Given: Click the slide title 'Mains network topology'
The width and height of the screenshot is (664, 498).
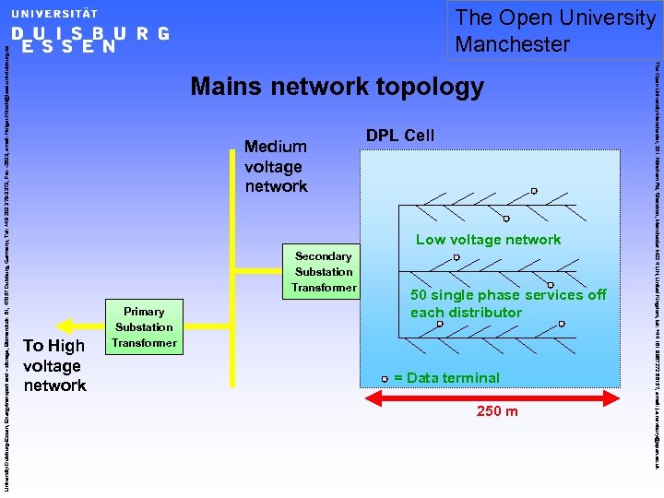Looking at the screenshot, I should [337, 88].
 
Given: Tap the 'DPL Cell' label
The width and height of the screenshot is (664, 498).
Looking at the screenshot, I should [399, 136].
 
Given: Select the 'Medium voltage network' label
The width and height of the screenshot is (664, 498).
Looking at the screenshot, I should [276, 166].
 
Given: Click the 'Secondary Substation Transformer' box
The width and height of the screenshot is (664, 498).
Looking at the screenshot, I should [323, 272].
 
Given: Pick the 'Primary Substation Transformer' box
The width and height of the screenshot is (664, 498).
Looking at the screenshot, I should [144, 327].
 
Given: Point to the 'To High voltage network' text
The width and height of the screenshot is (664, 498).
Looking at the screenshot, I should [54, 365].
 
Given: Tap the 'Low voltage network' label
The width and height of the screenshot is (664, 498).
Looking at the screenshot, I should [488, 240].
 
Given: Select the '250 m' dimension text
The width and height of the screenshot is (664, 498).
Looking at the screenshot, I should [496, 411].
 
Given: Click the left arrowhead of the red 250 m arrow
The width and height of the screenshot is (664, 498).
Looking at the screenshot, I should [375, 397].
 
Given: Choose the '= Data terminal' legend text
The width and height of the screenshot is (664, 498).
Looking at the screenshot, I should [446, 378].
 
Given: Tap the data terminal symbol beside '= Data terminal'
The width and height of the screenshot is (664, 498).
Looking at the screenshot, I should [385, 378].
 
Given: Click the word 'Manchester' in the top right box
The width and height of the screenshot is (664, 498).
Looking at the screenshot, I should [513, 43].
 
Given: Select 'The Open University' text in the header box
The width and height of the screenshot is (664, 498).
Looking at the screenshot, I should [555, 18].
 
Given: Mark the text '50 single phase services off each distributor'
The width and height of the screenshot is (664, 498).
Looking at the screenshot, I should [508, 303].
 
